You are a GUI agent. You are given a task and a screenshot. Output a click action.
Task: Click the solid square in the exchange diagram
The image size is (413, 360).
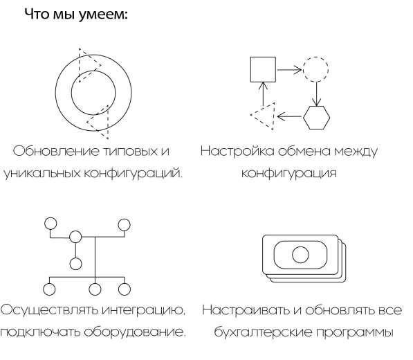262,69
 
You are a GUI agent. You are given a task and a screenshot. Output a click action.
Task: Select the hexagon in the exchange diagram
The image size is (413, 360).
317,117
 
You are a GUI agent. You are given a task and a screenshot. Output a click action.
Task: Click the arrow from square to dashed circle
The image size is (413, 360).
289,69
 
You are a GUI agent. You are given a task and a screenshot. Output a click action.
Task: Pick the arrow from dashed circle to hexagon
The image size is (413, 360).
317,93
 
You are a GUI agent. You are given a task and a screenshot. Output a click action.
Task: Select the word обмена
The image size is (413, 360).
305,150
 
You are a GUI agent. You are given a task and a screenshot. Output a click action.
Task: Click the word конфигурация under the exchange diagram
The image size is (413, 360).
288,173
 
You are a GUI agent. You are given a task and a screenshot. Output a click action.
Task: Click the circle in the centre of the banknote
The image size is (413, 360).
300,254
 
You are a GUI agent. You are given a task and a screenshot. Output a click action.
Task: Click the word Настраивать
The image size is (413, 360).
244,309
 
